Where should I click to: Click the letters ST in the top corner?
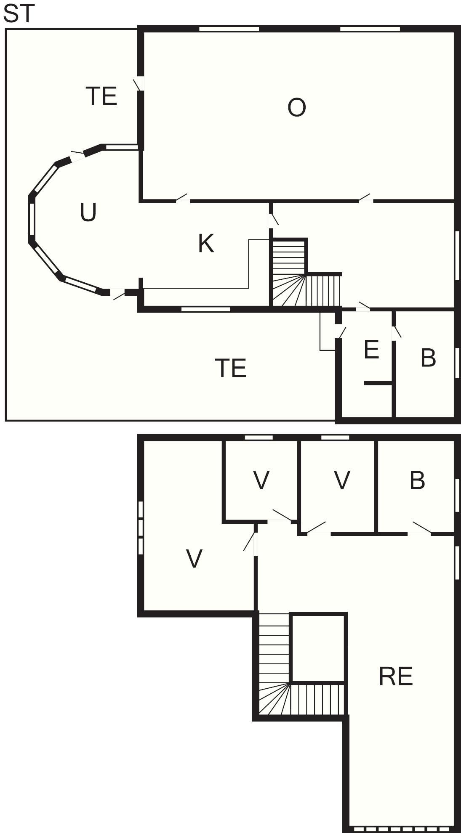click(x=18, y=13)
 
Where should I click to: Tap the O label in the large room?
click(x=296, y=107)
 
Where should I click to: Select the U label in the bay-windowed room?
click(x=88, y=212)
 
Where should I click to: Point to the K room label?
click(x=206, y=243)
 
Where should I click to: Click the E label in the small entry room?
click(x=371, y=350)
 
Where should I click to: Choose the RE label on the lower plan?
click(x=396, y=676)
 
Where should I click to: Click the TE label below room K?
click(x=231, y=368)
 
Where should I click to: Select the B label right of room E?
click(x=428, y=358)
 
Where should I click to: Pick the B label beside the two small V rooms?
click(x=417, y=480)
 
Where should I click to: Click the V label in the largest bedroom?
click(x=194, y=559)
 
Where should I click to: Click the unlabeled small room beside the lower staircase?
click(x=318, y=648)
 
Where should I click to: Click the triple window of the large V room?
click(x=141, y=528)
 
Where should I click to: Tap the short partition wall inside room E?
click(x=378, y=383)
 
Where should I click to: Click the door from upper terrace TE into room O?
click(x=139, y=84)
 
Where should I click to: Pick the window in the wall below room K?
click(x=206, y=309)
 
